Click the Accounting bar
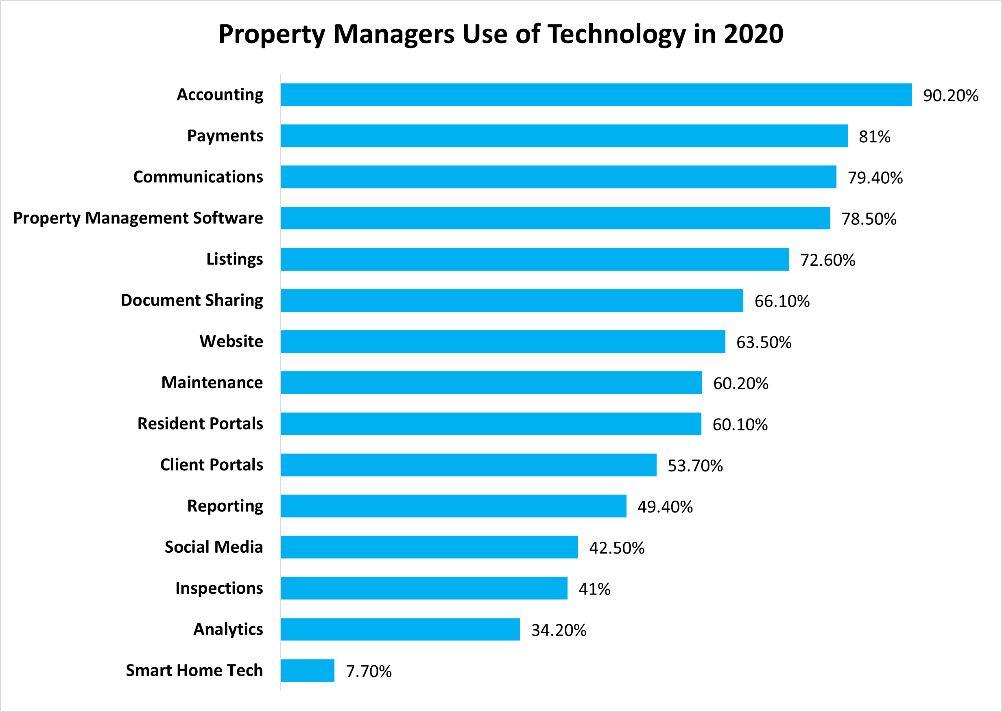tap(596, 95)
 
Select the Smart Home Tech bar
tap(307, 671)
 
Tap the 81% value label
tap(874, 137)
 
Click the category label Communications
tap(198, 177)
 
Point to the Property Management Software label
tap(138, 218)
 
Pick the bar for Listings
tap(535, 259)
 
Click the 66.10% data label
tap(782, 301)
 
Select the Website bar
tap(503, 341)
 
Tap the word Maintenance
tap(212, 382)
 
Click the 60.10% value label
tap(740, 424)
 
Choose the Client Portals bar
tap(468, 465)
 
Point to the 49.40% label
tap(665, 507)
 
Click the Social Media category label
tap(214, 547)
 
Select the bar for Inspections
tap(424, 588)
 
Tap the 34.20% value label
tap(559, 630)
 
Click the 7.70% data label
tap(369, 671)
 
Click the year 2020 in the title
tap(753, 34)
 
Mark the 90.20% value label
tap(951, 96)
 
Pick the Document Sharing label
tap(192, 300)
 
